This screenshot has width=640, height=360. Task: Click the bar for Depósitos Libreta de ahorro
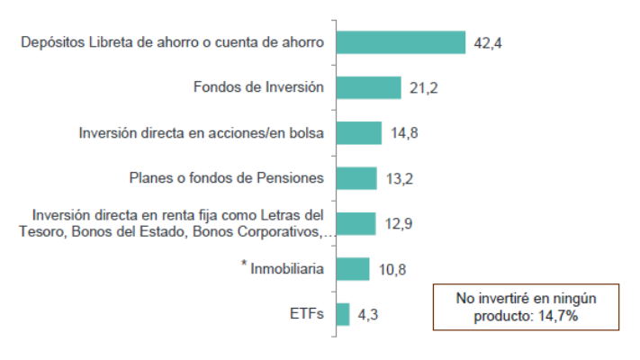tap(401, 42)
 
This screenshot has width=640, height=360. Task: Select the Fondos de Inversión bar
tap(368, 87)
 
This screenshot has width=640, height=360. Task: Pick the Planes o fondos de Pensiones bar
tap(356, 178)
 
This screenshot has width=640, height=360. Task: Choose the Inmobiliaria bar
tap(352, 268)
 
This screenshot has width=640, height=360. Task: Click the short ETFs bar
tap(342, 314)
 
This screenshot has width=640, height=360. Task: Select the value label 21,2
tap(422, 88)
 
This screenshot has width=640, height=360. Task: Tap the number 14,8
tap(404, 133)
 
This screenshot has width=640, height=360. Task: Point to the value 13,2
tap(398, 178)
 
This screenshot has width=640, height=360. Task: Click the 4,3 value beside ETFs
tap(367, 314)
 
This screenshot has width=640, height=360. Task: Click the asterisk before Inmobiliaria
tap(245, 265)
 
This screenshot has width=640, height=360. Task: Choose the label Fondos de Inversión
tap(258, 87)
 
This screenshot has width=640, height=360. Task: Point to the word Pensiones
tap(290, 177)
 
